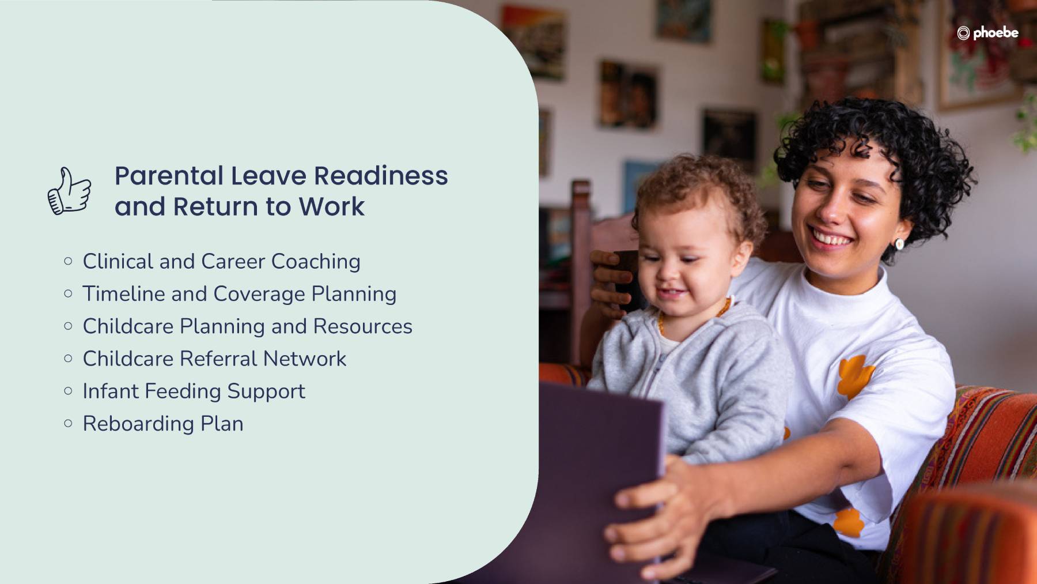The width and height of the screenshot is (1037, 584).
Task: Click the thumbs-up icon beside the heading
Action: pos(69,191)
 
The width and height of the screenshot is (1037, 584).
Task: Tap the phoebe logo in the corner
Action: pos(987,33)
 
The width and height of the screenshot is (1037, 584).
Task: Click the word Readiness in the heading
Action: pos(381,175)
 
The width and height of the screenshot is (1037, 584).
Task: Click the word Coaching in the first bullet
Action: pos(316,262)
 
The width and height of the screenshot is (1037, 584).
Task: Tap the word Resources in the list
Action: pos(363,326)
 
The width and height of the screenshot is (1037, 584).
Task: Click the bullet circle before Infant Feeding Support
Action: pos(69,391)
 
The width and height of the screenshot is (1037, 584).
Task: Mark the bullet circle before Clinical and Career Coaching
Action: pos(69,261)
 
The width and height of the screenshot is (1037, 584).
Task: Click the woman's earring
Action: pos(899,244)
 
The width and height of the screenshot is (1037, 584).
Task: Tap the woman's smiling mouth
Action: pos(830,238)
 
